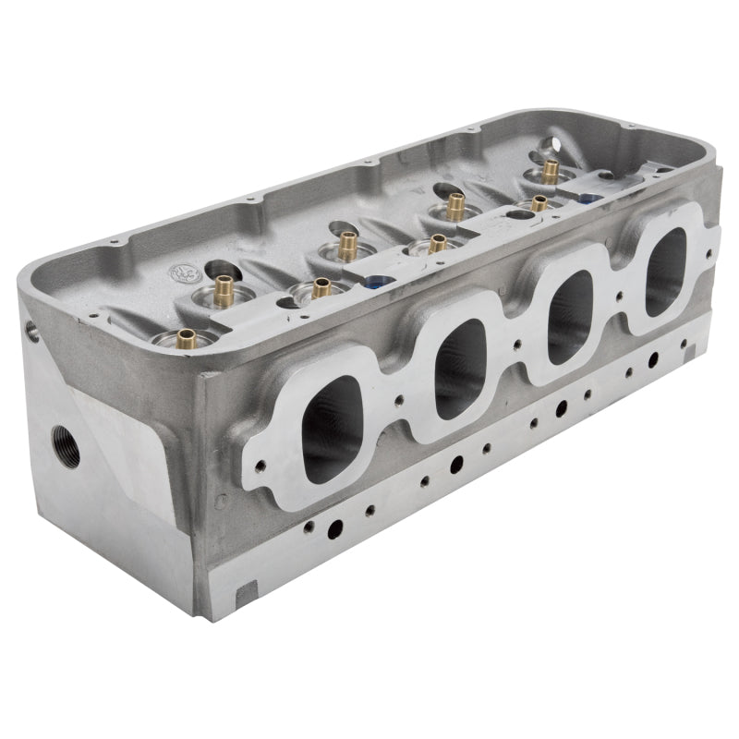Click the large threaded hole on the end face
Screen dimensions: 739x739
point(66,444)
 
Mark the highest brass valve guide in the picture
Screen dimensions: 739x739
point(551,170)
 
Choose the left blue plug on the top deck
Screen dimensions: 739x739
point(377,282)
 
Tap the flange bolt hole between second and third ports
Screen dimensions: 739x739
point(518,348)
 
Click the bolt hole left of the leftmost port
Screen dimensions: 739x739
point(261,466)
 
